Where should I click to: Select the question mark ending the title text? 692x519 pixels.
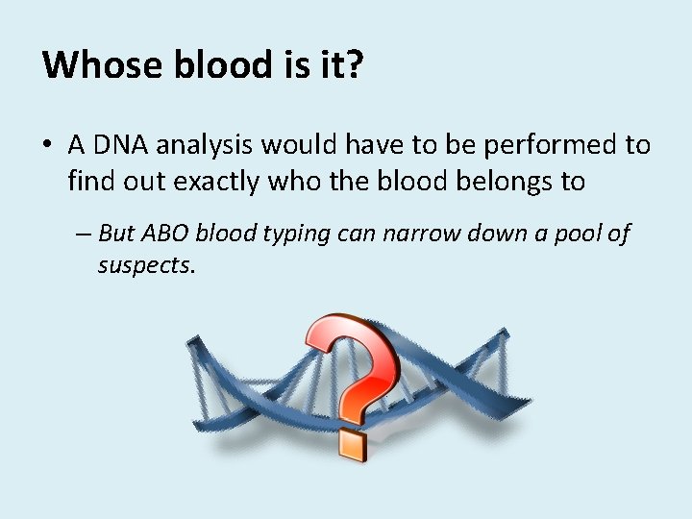pos(353,65)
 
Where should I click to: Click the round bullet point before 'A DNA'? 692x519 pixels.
pos(48,146)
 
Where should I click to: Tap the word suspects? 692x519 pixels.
pos(146,265)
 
